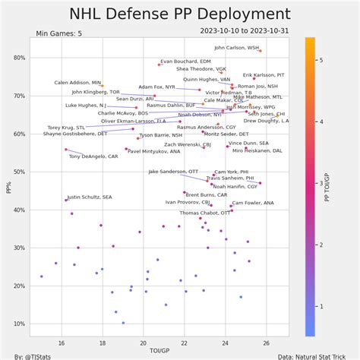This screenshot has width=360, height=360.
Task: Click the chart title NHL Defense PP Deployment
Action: (179, 14)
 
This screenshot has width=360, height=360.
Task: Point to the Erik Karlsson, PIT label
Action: (264, 75)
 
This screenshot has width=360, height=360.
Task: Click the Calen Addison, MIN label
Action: (77, 82)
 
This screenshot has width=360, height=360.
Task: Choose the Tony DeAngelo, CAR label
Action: (93, 156)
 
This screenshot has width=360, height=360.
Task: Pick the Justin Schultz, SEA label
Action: (90, 197)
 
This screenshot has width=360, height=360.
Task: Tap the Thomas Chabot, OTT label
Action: (204, 213)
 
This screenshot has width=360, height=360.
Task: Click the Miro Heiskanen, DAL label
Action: (257, 150)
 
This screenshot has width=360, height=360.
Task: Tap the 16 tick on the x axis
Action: (62, 343)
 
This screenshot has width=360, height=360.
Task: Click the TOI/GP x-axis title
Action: (159, 350)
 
